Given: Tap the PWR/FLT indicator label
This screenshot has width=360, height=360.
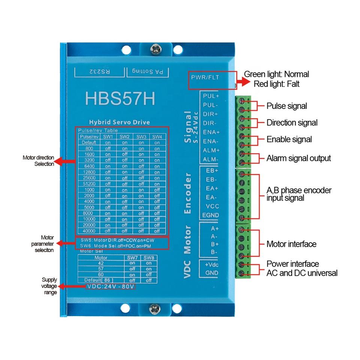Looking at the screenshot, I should tap(205, 78).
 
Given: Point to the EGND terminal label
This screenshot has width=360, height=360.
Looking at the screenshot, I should tap(210, 215).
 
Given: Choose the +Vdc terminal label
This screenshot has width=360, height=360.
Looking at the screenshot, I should tap(211, 265).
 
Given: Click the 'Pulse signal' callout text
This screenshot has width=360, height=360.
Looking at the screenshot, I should tap(286, 106).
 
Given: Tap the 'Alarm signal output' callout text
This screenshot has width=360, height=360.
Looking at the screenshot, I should tap(298, 158).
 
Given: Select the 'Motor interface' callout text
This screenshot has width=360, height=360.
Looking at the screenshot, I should tap(291, 244).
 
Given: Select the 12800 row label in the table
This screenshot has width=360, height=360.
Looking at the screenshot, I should tap(89, 172).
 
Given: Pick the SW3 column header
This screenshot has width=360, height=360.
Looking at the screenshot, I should tap(141, 136).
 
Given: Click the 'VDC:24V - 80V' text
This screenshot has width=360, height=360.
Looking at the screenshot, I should tap(110, 286).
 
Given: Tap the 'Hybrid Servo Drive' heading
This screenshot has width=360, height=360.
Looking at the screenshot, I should tap(119, 122).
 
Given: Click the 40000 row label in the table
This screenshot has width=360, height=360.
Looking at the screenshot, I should tap(89, 231).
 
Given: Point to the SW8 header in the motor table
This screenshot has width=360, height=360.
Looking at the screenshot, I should tap(148, 258).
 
